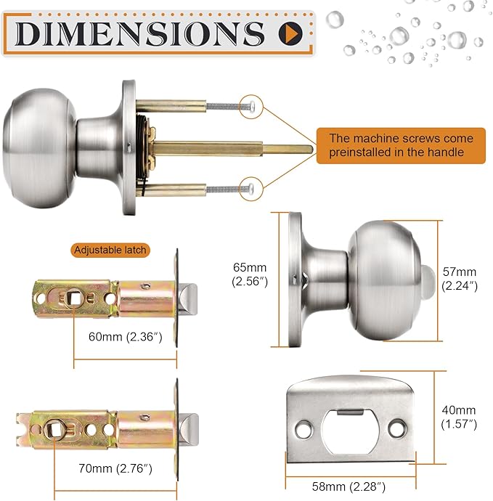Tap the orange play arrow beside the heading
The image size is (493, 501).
pos(290,32)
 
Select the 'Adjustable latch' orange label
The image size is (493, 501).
pos(110,250)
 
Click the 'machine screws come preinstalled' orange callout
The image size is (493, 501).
pos(401,145)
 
